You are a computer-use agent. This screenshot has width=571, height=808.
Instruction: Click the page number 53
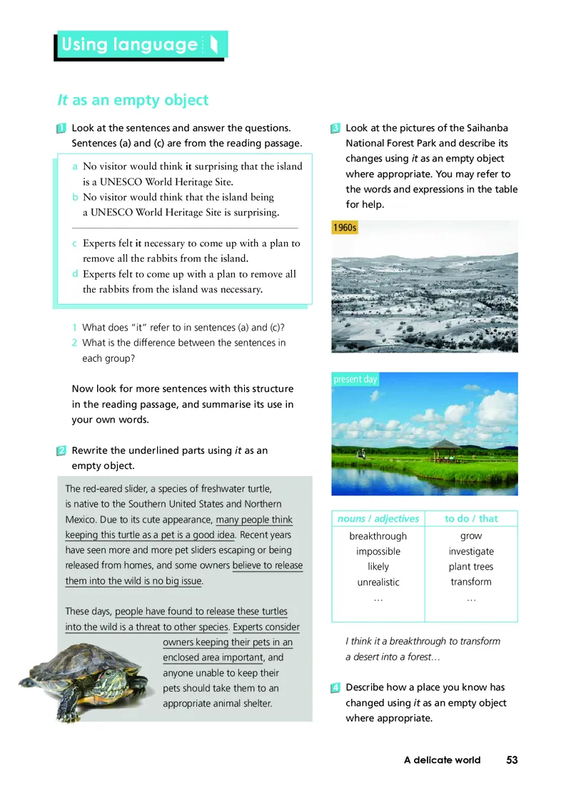click(512, 760)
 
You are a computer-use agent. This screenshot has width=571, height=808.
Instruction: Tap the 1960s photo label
click(345, 228)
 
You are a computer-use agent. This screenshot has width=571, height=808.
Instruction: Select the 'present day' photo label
click(355, 380)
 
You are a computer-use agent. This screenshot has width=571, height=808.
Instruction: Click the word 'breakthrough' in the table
click(378, 536)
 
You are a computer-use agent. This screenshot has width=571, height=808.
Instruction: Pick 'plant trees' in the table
click(471, 567)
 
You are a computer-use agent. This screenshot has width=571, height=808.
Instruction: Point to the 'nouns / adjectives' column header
click(378, 519)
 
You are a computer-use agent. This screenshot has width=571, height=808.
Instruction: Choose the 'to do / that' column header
click(471, 519)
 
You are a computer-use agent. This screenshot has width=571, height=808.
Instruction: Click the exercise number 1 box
click(61, 128)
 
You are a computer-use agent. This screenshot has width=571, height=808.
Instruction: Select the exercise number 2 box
click(61, 451)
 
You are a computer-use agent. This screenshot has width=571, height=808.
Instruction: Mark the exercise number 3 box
click(335, 128)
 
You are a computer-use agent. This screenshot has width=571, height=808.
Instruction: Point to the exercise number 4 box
click(335, 688)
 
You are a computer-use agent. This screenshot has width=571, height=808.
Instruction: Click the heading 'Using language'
click(129, 45)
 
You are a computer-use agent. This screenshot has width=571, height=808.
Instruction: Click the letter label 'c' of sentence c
click(75, 243)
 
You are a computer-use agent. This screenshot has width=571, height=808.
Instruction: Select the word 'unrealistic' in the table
click(378, 582)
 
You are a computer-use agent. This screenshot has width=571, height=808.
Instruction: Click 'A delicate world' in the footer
click(442, 760)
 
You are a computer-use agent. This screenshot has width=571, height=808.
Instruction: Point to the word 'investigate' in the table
click(471, 552)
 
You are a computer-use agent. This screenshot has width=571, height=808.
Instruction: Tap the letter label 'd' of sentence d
click(75, 274)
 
